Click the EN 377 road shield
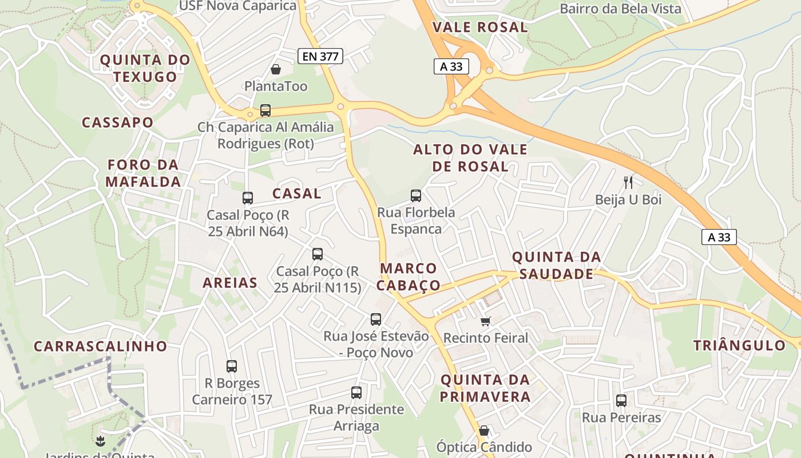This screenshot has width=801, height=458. [x=320, y=56]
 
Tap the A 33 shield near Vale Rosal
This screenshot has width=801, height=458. [x=451, y=66]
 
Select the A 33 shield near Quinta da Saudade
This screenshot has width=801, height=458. [x=719, y=237]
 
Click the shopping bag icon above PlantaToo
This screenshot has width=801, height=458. [x=276, y=69]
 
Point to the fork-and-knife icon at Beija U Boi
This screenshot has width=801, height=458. [x=628, y=183]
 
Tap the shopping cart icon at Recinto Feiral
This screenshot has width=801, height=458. [x=486, y=321]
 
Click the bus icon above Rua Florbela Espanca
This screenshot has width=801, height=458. [x=416, y=196]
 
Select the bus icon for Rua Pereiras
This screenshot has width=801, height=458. [x=621, y=401]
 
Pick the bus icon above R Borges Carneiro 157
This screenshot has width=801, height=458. [x=232, y=366]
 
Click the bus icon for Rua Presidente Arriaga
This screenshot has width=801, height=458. [x=356, y=393]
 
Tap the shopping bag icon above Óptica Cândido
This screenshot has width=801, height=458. [x=484, y=431]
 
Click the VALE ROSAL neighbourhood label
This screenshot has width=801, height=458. [x=479, y=27]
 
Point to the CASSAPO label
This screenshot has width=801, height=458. [x=118, y=123]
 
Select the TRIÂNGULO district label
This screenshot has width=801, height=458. [x=739, y=345]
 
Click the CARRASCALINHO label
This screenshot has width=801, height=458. [x=100, y=346]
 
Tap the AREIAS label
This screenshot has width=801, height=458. [x=230, y=282]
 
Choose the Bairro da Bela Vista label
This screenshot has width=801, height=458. [x=620, y=9]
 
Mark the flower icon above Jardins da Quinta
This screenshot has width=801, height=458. [x=101, y=441]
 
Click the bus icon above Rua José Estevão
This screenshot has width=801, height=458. [x=376, y=319]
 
